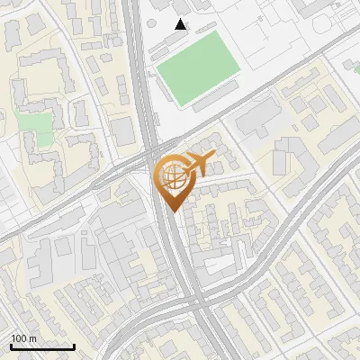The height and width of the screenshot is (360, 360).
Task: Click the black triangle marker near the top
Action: tap(181, 24)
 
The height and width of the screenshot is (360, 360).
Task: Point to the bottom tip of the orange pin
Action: tap(172, 211)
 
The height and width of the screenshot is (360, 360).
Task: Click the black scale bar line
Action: tap(42, 346)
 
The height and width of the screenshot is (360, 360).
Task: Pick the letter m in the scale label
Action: tap(32, 338)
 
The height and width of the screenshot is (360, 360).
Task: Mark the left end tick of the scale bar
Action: tap(11, 345)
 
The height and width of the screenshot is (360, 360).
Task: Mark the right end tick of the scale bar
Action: tap(74, 345)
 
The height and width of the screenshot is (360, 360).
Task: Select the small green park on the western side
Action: tap(35, 125)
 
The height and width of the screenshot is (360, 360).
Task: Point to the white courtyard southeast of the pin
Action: tap(220, 261)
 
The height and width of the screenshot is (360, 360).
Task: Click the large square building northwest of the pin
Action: tap(124, 130)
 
